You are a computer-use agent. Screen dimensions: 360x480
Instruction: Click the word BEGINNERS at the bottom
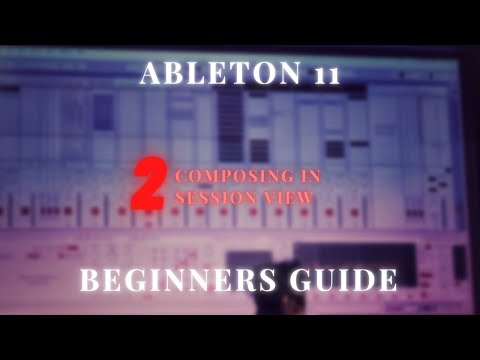(x=175, y=281)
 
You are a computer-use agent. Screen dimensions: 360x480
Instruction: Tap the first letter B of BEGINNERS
(x=90, y=281)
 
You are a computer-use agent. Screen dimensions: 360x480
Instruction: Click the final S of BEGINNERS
(x=261, y=281)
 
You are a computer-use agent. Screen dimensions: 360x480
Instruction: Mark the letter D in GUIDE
(x=360, y=281)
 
